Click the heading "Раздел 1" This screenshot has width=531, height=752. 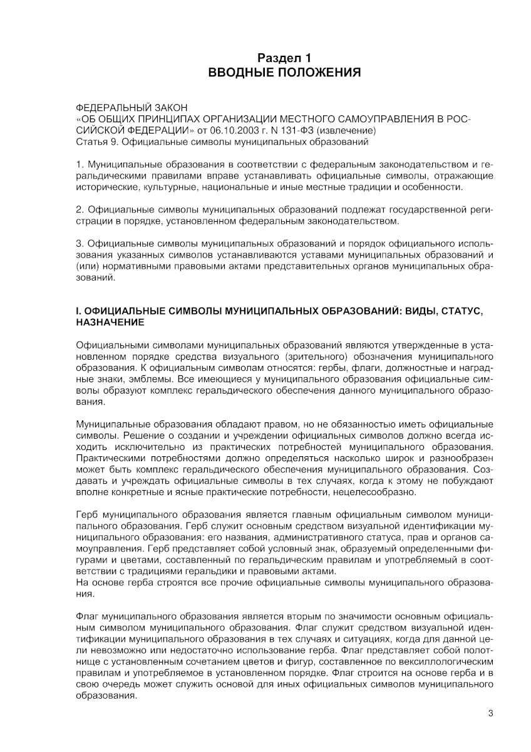click(284, 58)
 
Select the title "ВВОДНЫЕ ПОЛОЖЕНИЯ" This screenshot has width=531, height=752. click(284, 73)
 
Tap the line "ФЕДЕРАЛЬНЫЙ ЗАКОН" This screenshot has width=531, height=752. click(131, 108)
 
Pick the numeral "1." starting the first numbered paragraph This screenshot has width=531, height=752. click(80, 164)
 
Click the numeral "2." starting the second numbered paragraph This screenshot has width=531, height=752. click(80, 209)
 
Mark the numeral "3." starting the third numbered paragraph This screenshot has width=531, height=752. click(80, 243)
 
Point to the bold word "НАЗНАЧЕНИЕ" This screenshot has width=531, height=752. click(110, 322)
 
